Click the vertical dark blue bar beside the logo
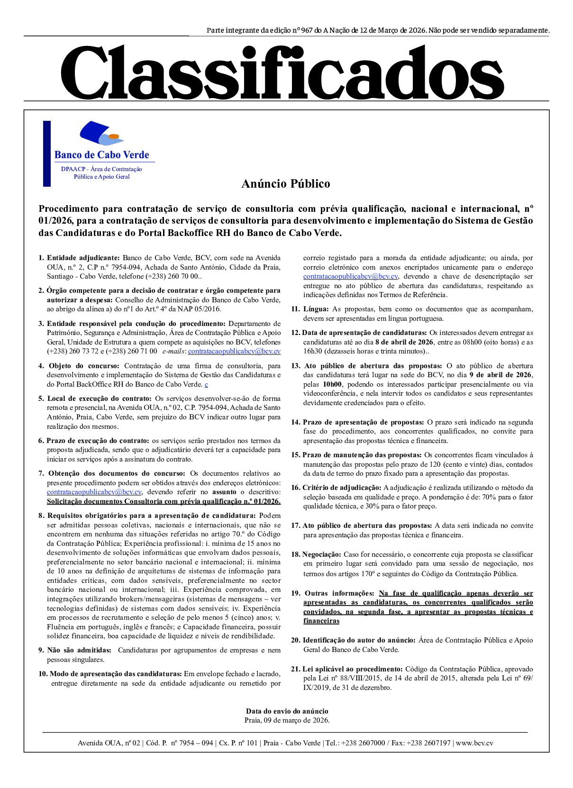click(47, 154)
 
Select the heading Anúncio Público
click(285, 184)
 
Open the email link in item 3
click(234, 351)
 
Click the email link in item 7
click(94, 492)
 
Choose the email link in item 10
click(350, 276)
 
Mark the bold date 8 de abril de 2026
click(404, 342)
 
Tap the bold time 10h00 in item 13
click(332, 384)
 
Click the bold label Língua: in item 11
click(316, 309)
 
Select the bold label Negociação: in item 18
click(321, 554)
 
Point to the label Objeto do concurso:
click(84, 366)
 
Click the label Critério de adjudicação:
click(342, 488)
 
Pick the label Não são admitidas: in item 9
click(79, 650)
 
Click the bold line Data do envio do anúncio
click(287, 711)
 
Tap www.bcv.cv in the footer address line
click(474, 743)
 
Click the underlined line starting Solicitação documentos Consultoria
click(164, 501)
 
